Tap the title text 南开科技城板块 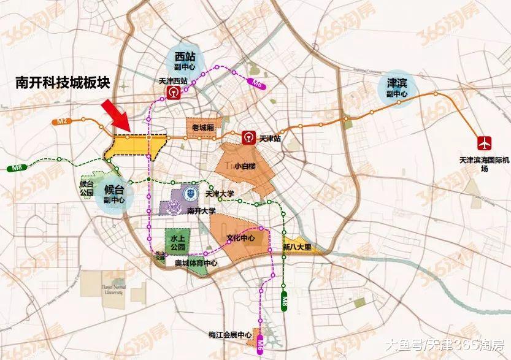click(62, 85)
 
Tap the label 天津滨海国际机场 click(484, 164)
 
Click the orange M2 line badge click(61, 123)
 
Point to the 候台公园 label click(86, 188)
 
